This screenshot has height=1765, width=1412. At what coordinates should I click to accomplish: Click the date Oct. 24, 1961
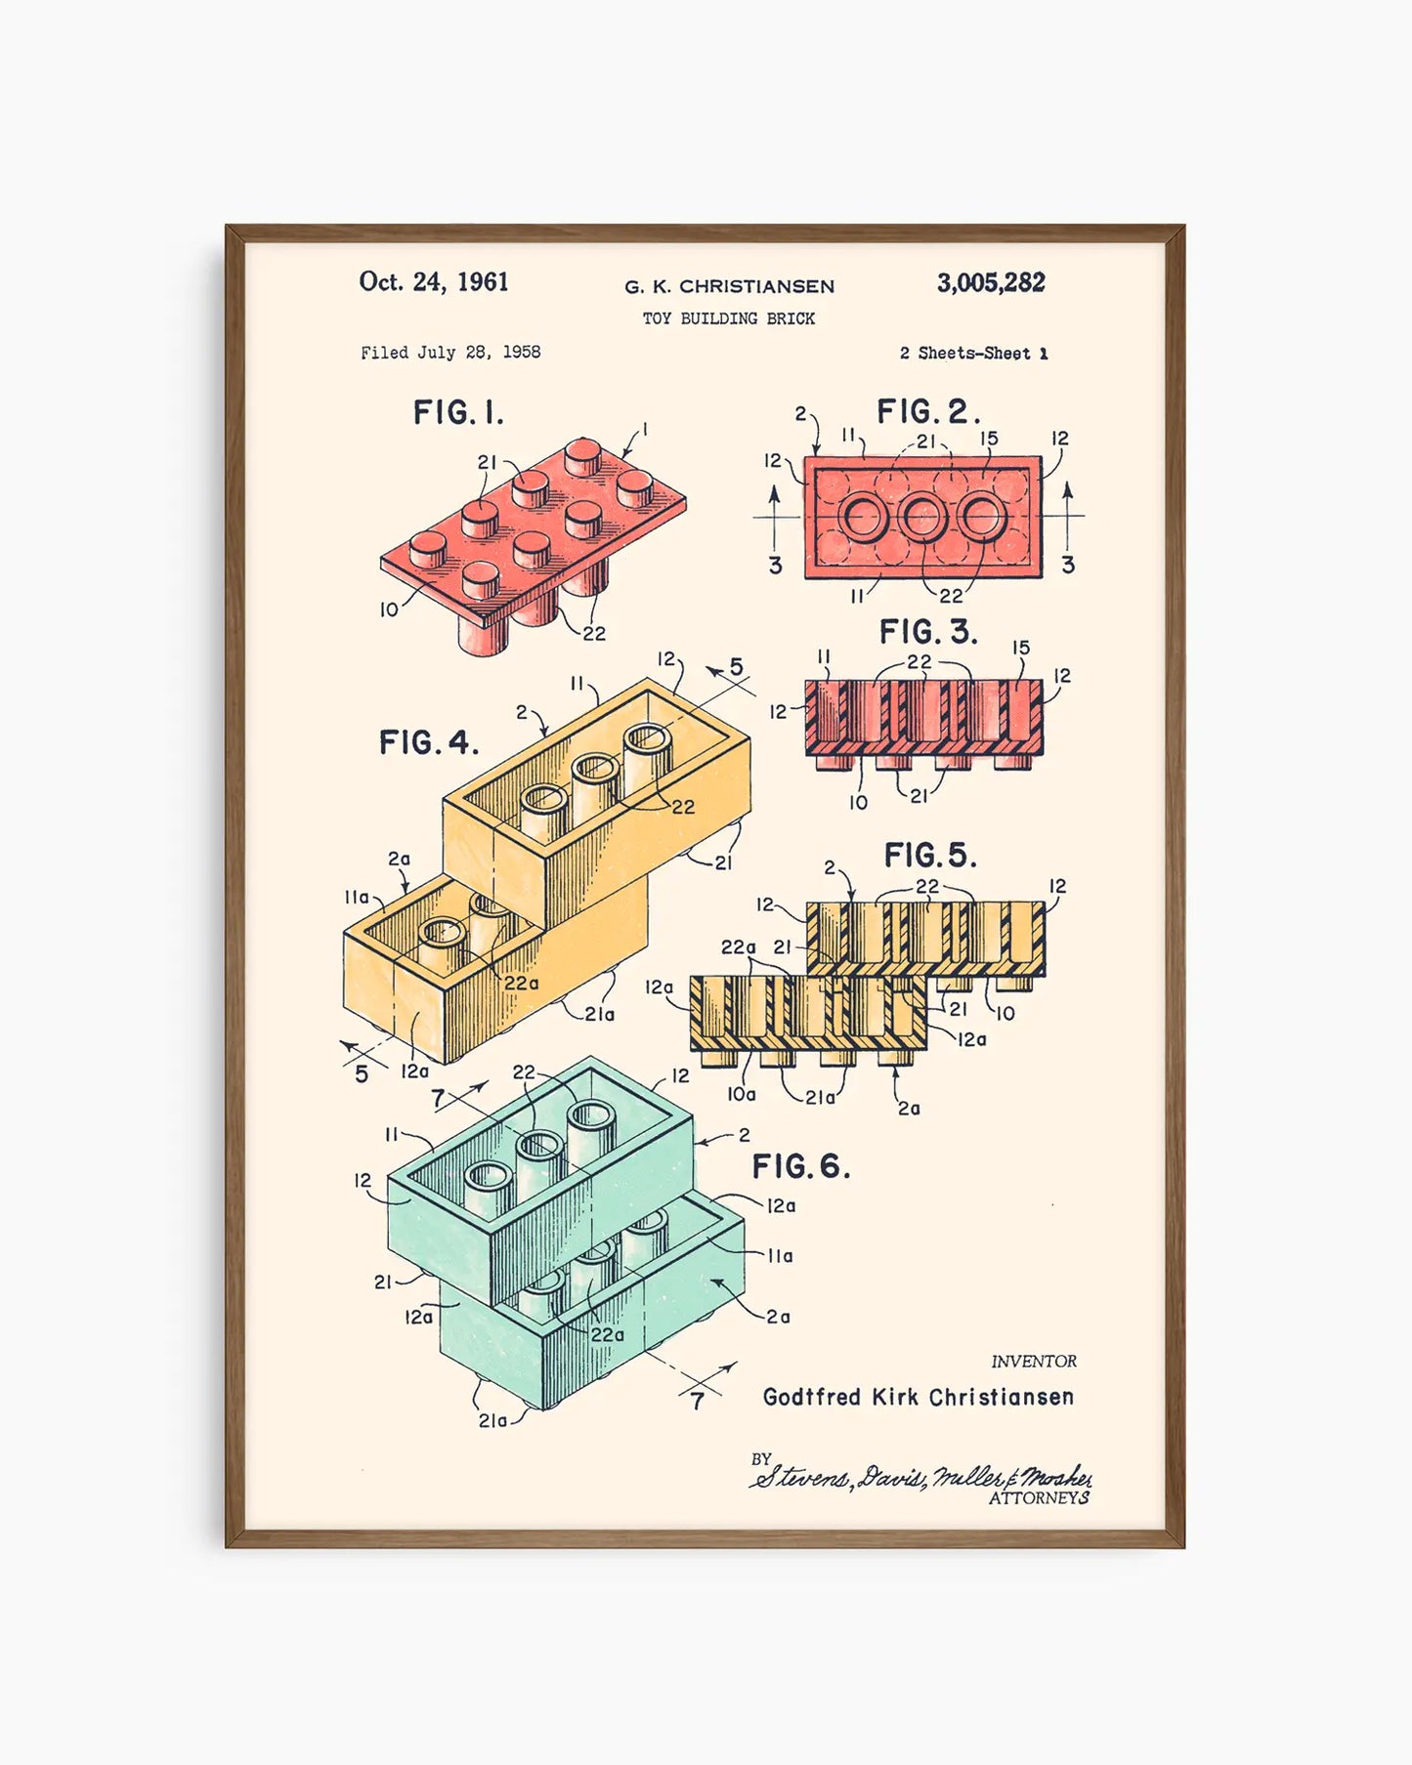pyautogui.click(x=434, y=282)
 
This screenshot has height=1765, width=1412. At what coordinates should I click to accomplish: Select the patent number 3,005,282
pyautogui.click(x=991, y=283)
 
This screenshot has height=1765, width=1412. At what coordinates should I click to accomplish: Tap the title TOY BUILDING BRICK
pyautogui.click(x=728, y=318)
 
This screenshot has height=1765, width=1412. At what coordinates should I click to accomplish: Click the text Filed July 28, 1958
pyautogui.click(x=450, y=353)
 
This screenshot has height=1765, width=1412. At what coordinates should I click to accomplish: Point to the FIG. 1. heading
pyautogui.click(x=458, y=413)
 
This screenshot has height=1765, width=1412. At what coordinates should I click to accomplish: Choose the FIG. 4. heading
pyautogui.click(x=429, y=743)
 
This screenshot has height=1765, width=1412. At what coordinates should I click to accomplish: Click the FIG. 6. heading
pyautogui.click(x=800, y=1166)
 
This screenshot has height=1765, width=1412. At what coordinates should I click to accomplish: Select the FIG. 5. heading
pyautogui.click(x=929, y=856)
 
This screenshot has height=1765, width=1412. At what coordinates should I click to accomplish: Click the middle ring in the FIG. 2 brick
pyautogui.click(x=921, y=517)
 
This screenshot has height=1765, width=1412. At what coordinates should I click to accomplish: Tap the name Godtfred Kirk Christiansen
pyautogui.click(x=918, y=1397)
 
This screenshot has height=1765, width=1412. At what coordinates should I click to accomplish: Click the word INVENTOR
pyautogui.click(x=1034, y=1362)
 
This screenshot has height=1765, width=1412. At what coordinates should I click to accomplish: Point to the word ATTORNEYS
pyautogui.click(x=1039, y=1498)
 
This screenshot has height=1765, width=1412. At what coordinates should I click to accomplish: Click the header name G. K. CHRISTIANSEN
pyautogui.click(x=729, y=287)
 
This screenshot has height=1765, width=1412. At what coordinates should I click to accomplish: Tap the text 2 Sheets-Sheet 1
pyautogui.click(x=973, y=354)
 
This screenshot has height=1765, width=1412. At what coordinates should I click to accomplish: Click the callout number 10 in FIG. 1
pyautogui.click(x=389, y=609)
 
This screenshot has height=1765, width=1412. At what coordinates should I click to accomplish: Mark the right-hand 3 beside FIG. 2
pyautogui.click(x=1067, y=565)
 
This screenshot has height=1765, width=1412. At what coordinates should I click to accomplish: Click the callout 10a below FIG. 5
pyautogui.click(x=741, y=1095)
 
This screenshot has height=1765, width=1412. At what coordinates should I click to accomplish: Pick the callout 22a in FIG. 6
pyautogui.click(x=607, y=1334)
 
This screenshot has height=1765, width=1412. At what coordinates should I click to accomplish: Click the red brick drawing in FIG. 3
pyautogui.click(x=923, y=718)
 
